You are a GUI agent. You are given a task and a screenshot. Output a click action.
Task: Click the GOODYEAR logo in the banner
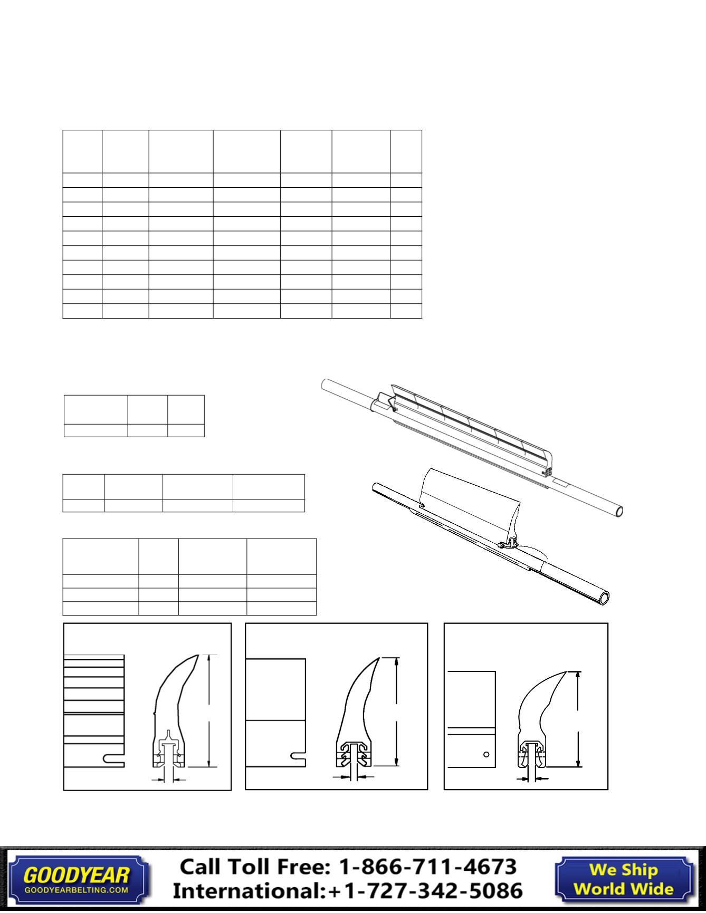click(x=77, y=875)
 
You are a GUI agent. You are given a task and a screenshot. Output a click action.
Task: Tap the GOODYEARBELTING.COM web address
click(x=77, y=889)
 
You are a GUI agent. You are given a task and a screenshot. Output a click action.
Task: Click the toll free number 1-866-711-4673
click(x=427, y=867)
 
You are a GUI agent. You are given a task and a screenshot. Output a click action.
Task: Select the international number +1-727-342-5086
click(x=425, y=891)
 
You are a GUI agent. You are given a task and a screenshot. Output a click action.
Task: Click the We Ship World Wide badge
click(x=624, y=879)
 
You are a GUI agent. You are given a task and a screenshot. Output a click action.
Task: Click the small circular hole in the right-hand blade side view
click(x=486, y=754)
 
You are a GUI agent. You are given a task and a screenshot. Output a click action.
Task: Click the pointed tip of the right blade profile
click(x=566, y=672)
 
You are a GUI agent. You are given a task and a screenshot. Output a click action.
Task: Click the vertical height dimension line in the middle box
click(x=396, y=712)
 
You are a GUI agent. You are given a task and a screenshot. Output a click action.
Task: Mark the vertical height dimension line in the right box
click(x=579, y=719)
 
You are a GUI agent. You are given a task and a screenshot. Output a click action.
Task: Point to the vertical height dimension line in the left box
click(x=210, y=711)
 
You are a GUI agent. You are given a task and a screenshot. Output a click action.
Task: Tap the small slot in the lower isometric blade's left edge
click(x=422, y=506)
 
